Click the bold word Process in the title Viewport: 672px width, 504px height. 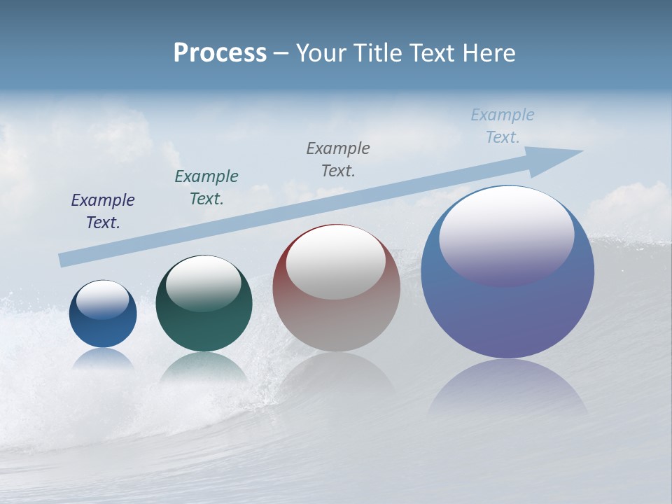[220, 53]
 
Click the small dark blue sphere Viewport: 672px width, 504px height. [103, 329]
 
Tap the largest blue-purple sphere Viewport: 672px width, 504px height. [507, 315]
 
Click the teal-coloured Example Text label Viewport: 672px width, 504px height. [206, 188]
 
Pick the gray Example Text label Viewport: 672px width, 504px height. [338, 160]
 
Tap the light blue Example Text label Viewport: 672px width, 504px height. [503, 126]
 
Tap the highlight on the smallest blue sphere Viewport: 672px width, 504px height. [102, 300]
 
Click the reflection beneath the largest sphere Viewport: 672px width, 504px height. [507, 392]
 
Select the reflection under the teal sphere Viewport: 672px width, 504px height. [204, 367]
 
